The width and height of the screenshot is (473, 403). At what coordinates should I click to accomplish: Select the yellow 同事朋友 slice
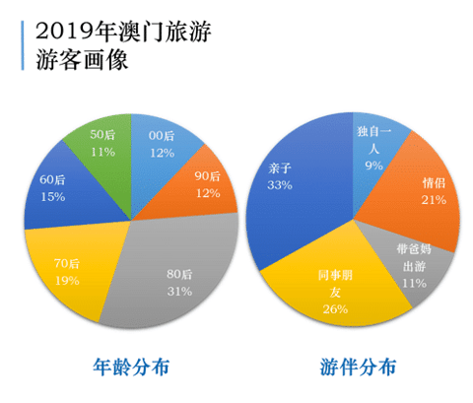tap(333, 286)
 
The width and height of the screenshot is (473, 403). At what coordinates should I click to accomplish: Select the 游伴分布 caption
tap(358, 368)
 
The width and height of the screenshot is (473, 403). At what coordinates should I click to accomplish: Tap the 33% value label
tap(279, 183)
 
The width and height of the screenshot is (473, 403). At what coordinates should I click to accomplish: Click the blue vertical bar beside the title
tap(19, 43)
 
